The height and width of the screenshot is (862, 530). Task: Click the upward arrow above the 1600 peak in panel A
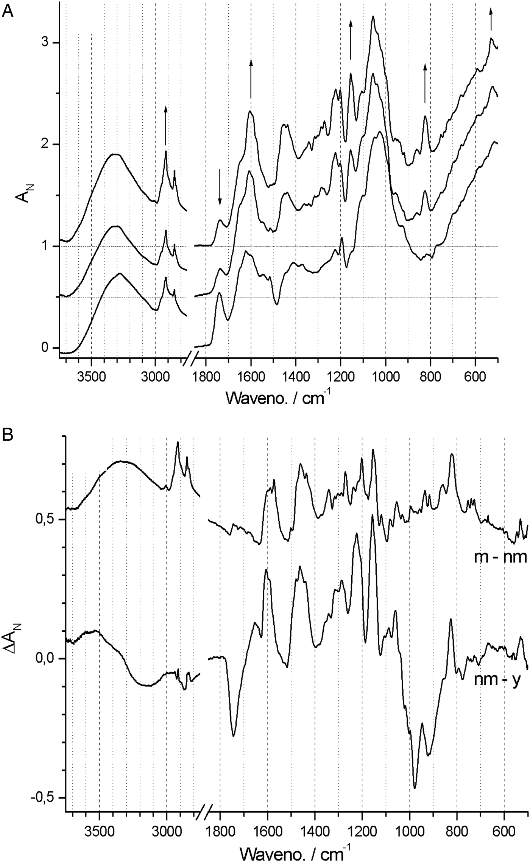(x=251, y=78)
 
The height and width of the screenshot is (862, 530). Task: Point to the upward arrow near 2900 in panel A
(x=165, y=125)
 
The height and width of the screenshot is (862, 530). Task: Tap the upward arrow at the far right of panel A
(x=491, y=19)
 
